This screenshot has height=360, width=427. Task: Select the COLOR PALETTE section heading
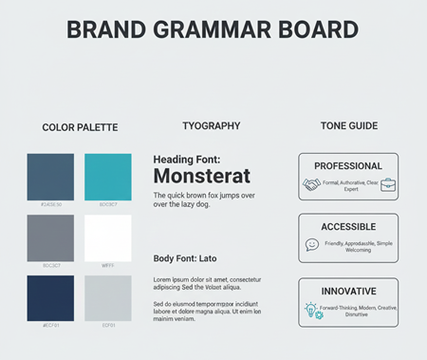(78, 126)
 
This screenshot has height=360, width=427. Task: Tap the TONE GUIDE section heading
(348, 125)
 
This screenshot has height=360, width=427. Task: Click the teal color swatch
(108, 177)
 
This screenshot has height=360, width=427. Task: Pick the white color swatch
(108, 237)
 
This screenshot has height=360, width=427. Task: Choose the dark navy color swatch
(50, 297)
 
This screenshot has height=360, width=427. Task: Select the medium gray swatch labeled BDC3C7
(50, 237)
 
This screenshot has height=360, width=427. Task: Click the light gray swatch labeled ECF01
(108, 297)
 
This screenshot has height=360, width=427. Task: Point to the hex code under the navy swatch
(50, 326)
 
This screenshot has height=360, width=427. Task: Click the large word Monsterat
(201, 176)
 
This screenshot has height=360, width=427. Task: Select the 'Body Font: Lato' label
(185, 258)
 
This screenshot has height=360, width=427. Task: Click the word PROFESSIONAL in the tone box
(348, 165)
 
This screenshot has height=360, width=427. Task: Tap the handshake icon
(311, 184)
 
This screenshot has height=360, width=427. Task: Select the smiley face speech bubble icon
(311, 244)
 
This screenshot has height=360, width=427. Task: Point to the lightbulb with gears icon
(312, 311)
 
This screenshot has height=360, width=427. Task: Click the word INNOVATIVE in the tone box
(348, 291)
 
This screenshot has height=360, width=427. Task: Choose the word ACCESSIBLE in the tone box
(348, 227)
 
